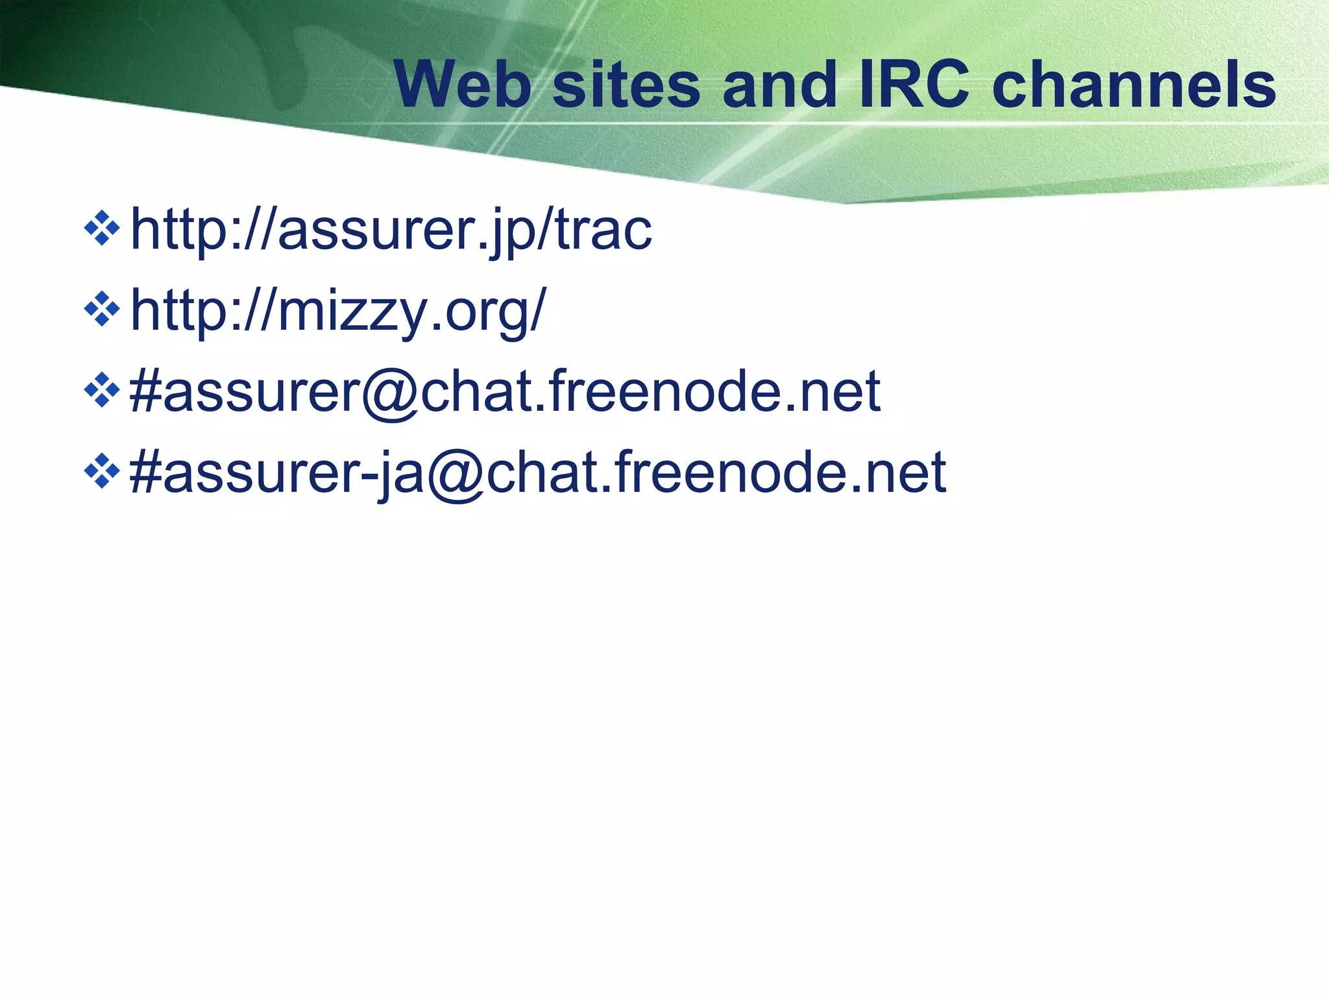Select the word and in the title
point(779,85)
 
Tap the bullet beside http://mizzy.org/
point(103,310)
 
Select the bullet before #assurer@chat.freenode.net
point(103,391)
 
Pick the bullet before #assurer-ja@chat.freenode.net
point(103,472)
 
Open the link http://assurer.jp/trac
point(391,230)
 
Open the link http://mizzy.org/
point(338,310)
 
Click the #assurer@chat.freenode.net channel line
point(505,391)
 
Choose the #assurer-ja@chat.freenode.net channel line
point(537,472)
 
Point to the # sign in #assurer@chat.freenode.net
point(145,391)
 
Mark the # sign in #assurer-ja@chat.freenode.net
point(145,472)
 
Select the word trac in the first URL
point(604,230)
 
